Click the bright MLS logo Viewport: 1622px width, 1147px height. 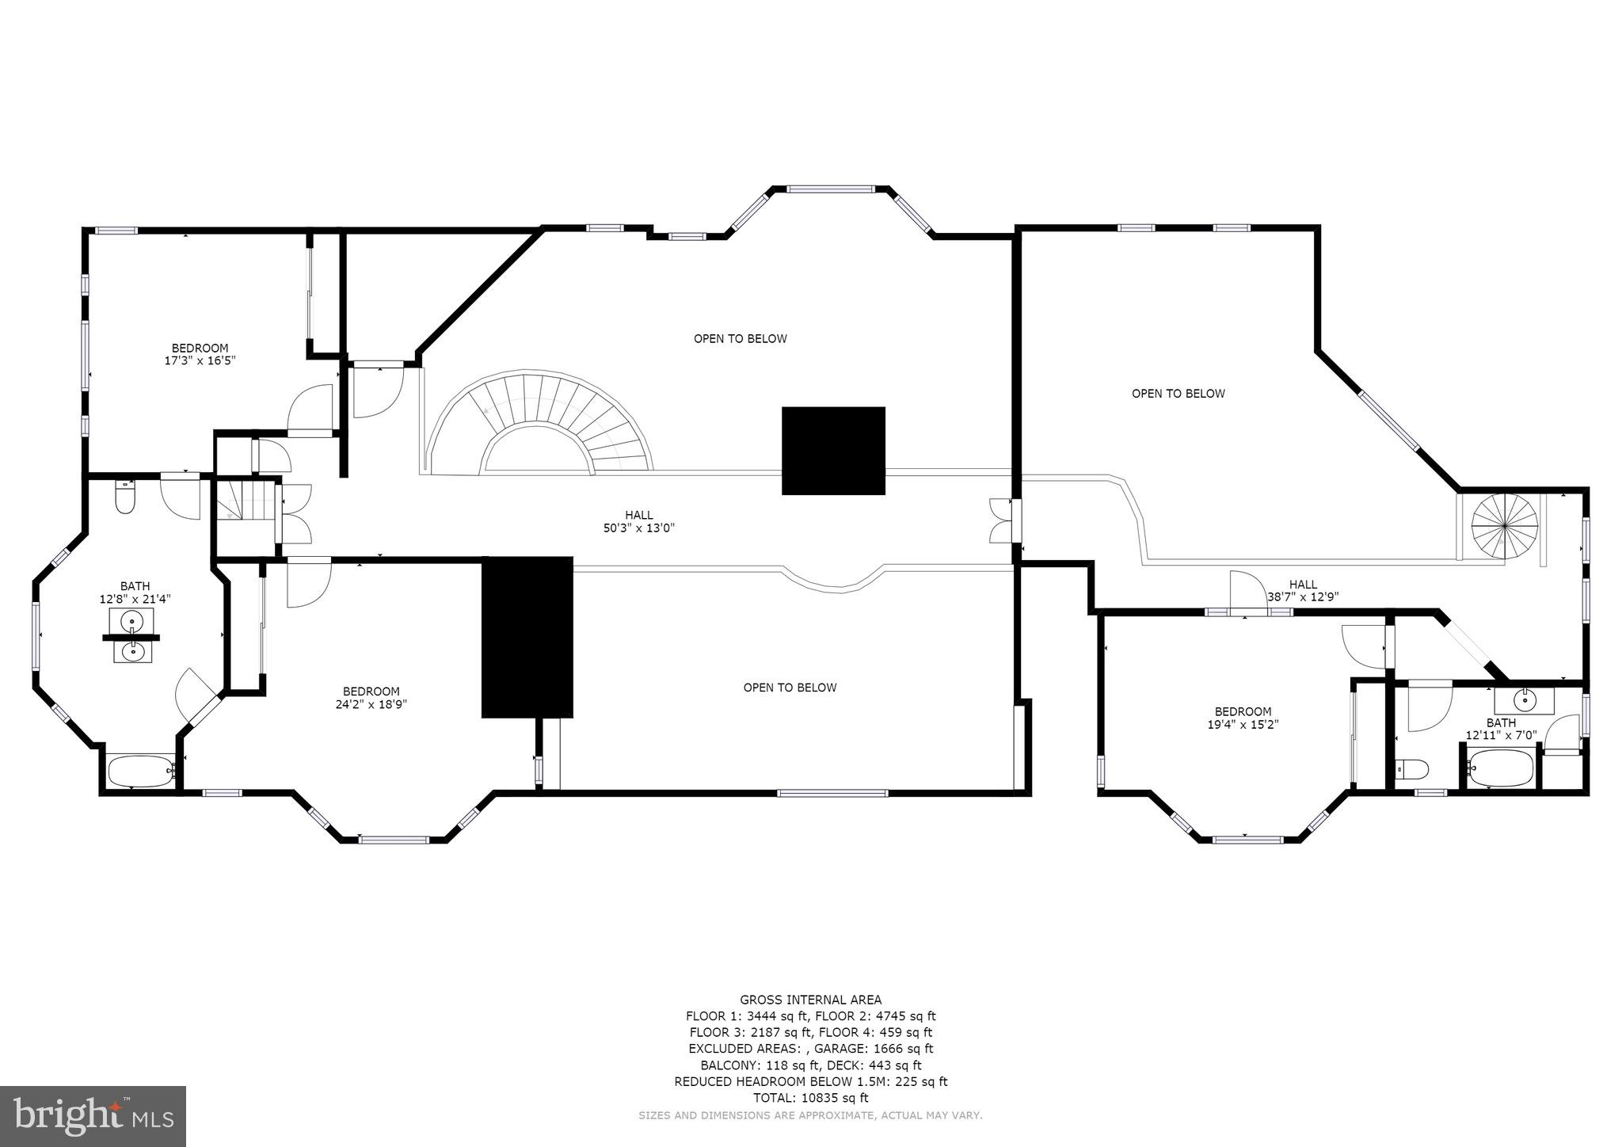tap(93, 1116)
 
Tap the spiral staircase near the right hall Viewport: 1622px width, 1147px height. tap(1504, 525)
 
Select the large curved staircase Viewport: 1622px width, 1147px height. tap(539, 424)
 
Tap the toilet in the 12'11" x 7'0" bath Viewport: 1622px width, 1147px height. tap(1411, 768)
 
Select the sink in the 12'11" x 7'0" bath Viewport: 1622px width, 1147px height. tap(1524, 700)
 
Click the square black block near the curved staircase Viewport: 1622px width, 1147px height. tap(833, 451)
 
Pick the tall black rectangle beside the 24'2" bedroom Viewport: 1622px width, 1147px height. tap(527, 637)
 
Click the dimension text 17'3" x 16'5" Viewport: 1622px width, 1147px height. tap(200, 360)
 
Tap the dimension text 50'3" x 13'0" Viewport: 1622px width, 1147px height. tap(638, 528)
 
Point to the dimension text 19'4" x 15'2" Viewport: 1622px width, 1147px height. tap(1243, 724)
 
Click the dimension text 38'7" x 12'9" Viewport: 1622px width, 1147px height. tap(1303, 597)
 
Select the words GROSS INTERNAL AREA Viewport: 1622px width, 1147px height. tap(810, 1000)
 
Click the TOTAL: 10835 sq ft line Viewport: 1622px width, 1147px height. tap(810, 1098)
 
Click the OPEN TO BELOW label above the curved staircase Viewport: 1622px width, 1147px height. tap(740, 339)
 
